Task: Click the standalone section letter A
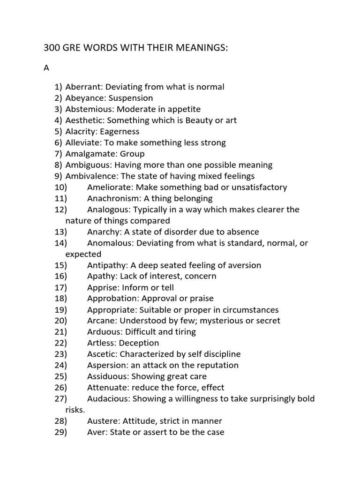[x=46, y=68]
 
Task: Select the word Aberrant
[x=84, y=87]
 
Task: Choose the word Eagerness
[x=120, y=132]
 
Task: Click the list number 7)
[x=58, y=154]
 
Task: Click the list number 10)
[x=61, y=187]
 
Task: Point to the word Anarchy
[x=103, y=232]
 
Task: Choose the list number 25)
[x=61, y=376]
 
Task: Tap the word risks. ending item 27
[x=75, y=410]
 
